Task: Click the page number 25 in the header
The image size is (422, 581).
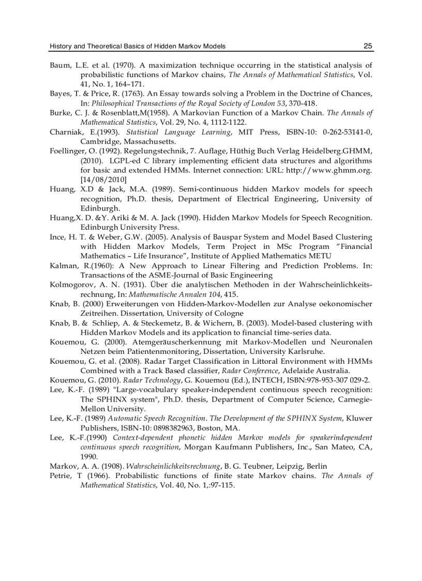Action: point(368,46)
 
